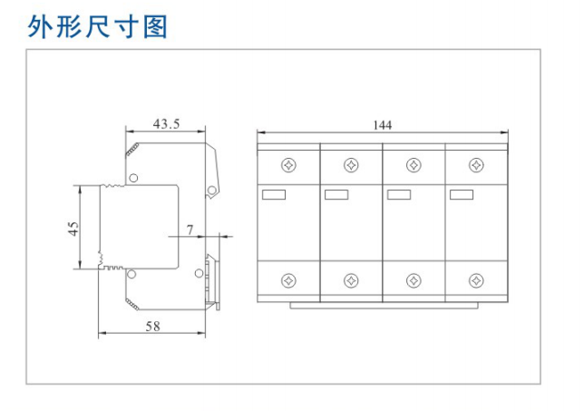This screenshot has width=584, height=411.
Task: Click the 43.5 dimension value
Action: (165, 123)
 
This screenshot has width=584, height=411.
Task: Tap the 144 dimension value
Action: (382, 125)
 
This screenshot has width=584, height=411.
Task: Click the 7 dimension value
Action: (190, 230)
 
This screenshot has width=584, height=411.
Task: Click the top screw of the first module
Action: (288, 165)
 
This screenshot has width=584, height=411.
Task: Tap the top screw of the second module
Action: (351, 165)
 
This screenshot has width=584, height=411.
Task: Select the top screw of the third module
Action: (413, 165)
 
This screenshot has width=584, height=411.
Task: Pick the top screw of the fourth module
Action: (474, 165)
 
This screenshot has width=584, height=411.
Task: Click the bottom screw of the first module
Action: (288, 279)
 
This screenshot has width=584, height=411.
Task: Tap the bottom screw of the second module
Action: (351, 279)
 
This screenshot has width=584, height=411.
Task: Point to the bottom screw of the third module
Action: (413, 279)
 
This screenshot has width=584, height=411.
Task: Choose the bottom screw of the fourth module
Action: (474, 279)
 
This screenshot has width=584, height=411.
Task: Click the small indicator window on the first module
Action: (273, 193)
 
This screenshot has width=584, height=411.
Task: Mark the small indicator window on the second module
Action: (336, 193)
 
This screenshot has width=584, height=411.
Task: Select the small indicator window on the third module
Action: (399, 193)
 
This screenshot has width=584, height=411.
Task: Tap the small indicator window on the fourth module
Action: (461, 193)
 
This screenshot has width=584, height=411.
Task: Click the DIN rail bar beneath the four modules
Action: (382, 306)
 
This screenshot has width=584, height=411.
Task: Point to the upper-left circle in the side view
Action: (133, 177)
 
